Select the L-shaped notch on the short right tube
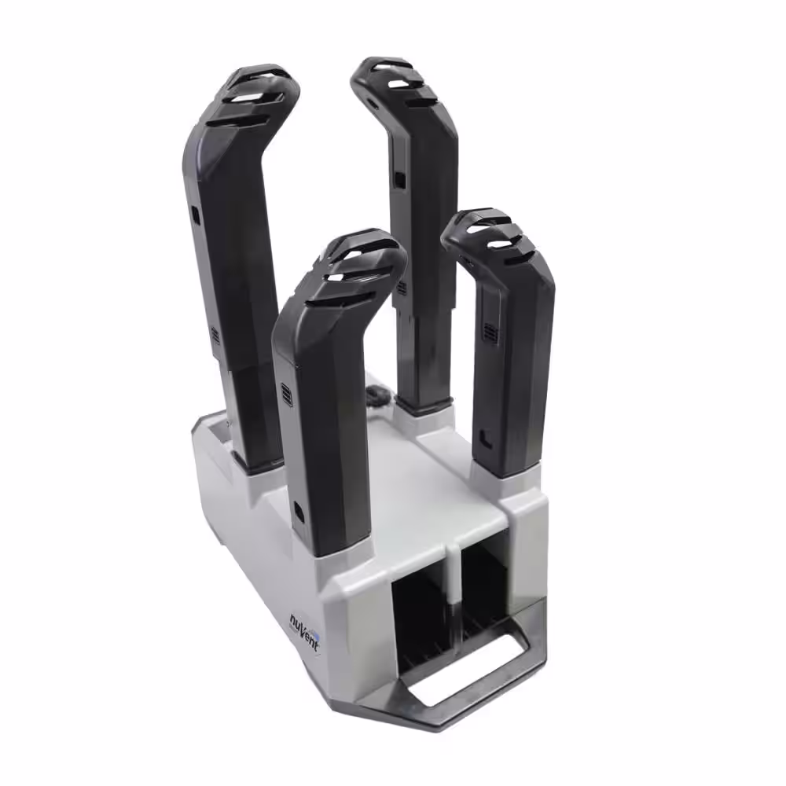coord(485,439)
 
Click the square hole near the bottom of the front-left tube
coord(299,511)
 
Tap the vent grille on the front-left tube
coord(286,395)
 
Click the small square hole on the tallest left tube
coord(195,215)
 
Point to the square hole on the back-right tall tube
coord(400,179)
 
